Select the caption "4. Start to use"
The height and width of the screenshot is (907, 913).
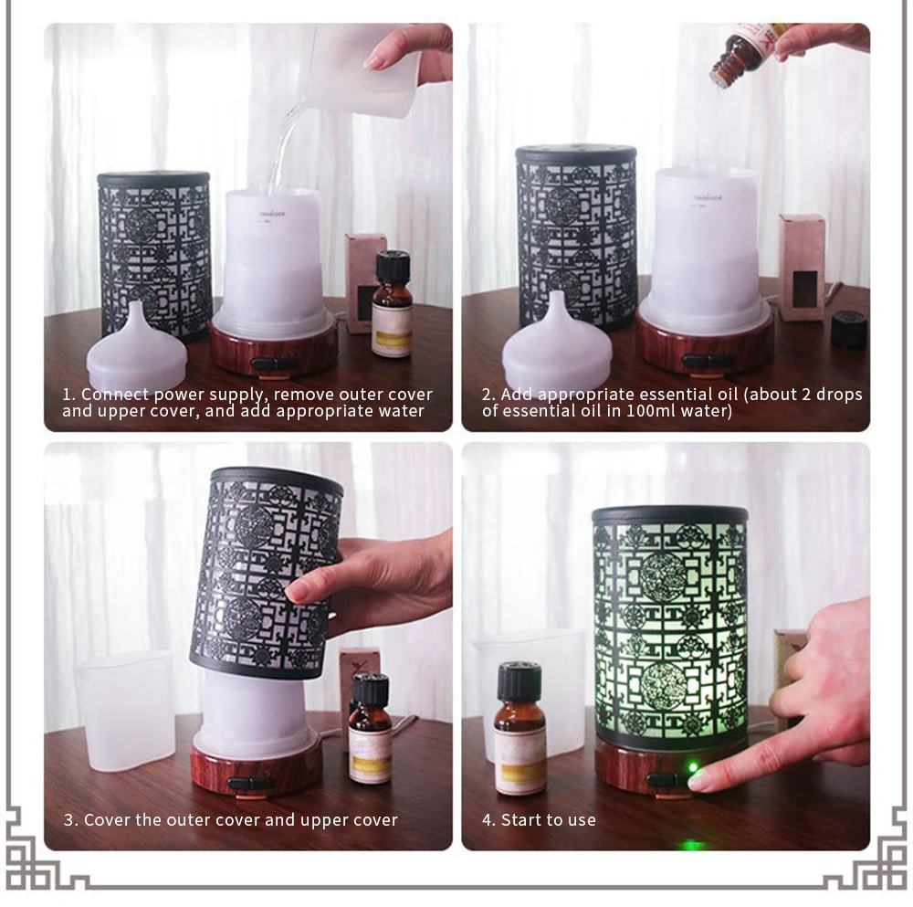[x=540, y=820]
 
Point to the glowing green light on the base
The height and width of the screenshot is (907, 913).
[x=693, y=768]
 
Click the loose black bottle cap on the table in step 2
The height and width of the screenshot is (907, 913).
[x=849, y=330]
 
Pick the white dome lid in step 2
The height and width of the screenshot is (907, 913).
[x=557, y=343]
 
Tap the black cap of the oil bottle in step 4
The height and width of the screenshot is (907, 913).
[x=519, y=681]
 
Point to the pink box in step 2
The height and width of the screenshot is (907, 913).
[x=803, y=268]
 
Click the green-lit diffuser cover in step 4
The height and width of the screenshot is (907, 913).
[x=670, y=628]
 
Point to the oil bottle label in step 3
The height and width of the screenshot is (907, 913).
[x=371, y=754]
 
